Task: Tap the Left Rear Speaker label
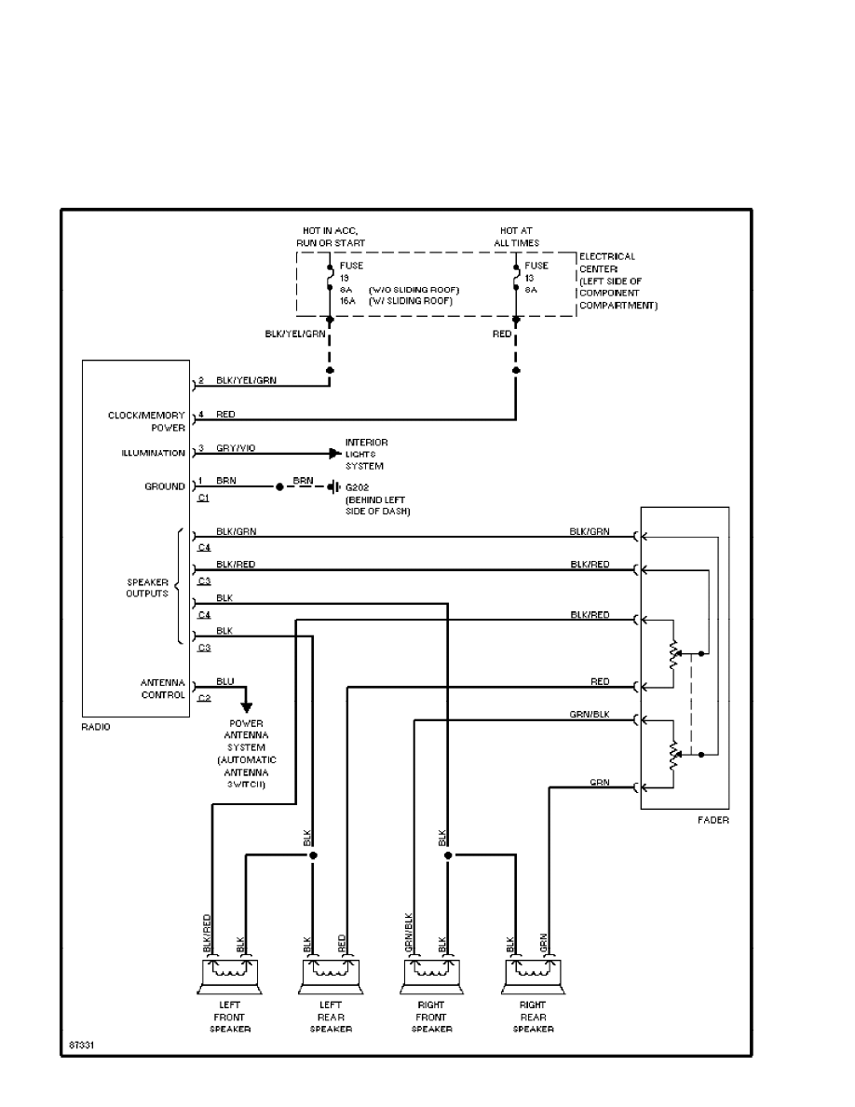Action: pos(331,1017)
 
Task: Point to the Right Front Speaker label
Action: pos(431,1017)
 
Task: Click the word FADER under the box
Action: pos(712,820)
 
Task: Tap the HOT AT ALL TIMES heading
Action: pos(517,237)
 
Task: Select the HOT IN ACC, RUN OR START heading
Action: pos(331,237)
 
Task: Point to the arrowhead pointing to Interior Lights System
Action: pos(334,454)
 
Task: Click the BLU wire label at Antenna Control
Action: pos(224,681)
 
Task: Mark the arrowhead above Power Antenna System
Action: pos(247,707)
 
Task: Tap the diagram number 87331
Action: pos(81,1045)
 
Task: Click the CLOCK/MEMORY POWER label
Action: pos(146,421)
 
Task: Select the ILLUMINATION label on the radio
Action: pos(153,454)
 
